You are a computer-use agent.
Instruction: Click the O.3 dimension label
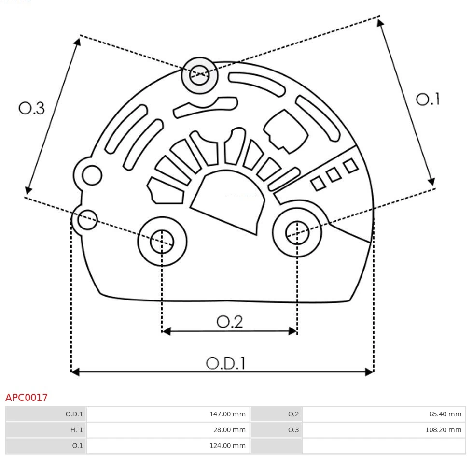[x=32, y=108]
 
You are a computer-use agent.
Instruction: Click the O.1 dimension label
[x=428, y=99]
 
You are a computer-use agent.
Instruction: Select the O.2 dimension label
[x=229, y=322]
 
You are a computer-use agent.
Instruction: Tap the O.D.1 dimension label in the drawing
[x=226, y=363]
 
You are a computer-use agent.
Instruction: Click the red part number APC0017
[x=27, y=398]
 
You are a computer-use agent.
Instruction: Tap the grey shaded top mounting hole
[x=199, y=75]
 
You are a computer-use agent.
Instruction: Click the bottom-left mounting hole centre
[x=162, y=242]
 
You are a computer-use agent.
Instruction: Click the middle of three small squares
[x=334, y=175]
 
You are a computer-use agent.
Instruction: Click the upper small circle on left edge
[x=92, y=175]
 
